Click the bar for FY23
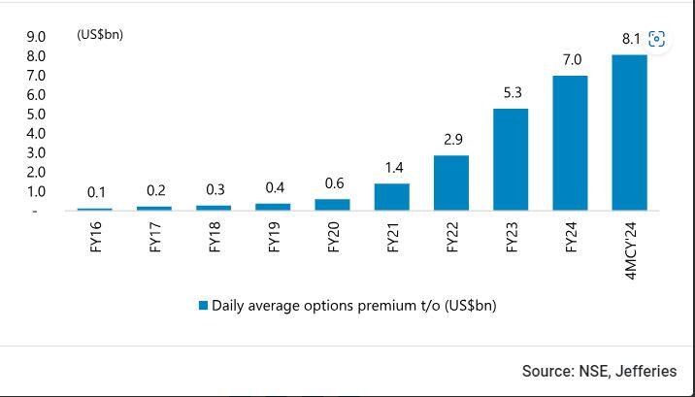(511, 159)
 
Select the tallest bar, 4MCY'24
(629, 133)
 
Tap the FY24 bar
(570, 143)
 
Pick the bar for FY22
(451, 182)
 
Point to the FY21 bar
(392, 197)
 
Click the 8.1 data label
(631, 40)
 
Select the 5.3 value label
(511, 93)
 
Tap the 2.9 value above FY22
(452, 140)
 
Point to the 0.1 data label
(95, 191)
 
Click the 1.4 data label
(392, 168)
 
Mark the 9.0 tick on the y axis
(36, 37)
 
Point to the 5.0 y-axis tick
(36, 115)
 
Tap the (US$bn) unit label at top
(100, 35)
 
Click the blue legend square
(203, 305)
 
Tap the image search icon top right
(657, 39)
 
